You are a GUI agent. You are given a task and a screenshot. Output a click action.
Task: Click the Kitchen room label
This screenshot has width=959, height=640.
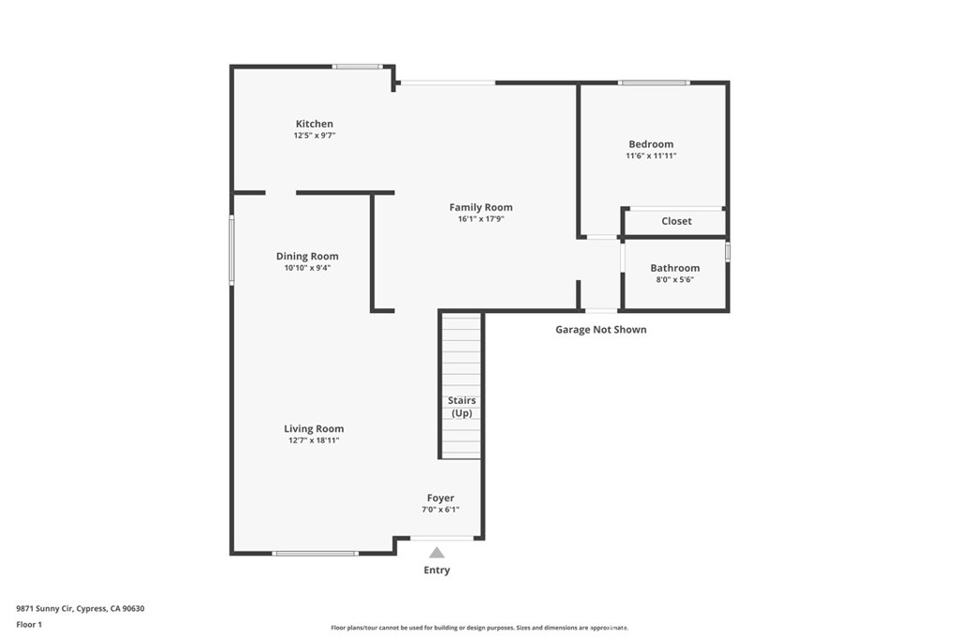(315, 124)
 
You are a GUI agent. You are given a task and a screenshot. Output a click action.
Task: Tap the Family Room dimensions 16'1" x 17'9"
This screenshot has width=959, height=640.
(480, 219)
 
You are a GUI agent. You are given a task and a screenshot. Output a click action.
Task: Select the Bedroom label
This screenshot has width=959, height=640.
(651, 144)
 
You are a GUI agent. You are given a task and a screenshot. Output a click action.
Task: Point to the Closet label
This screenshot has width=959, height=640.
(676, 221)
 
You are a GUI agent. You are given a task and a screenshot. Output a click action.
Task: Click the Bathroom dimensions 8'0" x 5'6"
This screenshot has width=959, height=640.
(674, 279)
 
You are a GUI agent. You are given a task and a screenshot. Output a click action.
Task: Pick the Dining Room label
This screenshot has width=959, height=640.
(307, 257)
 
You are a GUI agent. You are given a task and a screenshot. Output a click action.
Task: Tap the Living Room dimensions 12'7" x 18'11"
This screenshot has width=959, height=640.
(314, 440)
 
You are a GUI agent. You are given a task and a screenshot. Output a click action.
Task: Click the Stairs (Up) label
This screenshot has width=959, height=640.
(462, 407)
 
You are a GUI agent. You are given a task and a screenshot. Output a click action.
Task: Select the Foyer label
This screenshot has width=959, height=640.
(440, 499)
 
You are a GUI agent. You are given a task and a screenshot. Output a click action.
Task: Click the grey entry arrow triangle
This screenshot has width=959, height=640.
(436, 553)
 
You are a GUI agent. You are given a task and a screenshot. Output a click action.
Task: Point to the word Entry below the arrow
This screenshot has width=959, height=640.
(436, 571)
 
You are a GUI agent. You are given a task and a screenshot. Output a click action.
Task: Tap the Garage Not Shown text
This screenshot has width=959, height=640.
(600, 330)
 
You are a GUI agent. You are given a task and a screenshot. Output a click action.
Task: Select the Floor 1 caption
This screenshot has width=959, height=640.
(29, 625)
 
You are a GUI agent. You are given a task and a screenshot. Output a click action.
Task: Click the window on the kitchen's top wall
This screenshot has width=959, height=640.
(358, 67)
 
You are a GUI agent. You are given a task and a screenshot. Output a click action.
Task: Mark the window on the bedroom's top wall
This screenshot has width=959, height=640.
(654, 82)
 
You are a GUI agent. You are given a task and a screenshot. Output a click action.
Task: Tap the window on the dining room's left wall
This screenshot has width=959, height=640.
(232, 249)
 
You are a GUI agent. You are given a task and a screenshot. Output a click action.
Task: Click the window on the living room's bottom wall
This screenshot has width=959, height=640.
(315, 554)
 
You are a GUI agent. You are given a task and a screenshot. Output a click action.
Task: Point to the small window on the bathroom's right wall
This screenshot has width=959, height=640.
(728, 252)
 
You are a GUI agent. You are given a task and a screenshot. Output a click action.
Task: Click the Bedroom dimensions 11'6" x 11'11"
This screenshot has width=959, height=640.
(651, 156)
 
